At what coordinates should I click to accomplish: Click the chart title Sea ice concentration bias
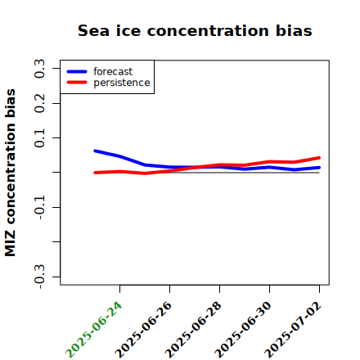(x=195, y=30)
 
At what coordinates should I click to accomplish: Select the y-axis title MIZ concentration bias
(x=11, y=173)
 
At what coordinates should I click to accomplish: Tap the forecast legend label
(x=113, y=71)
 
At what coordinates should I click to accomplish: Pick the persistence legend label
(x=122, y=83)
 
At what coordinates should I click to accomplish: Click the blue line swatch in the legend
(x=77, y=71)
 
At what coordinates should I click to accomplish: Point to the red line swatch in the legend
(x=77, y=83)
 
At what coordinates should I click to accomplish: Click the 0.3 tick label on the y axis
(x=39, y=69)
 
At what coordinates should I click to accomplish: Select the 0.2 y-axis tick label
(x=39, y=103)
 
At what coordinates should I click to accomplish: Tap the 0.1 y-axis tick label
(x=39, y=138)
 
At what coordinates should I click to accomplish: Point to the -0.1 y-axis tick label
(x=39, y=208)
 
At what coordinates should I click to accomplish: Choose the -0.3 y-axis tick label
(x=39, y=277)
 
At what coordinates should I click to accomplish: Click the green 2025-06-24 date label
(x=93, y=330)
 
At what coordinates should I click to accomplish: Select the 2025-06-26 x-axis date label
(x=143, y=330)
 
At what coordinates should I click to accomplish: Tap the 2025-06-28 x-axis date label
(x=193, y=330)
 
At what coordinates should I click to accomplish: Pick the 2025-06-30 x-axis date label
(x=243, y=330)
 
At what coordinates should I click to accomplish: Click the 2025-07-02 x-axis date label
(x=293, y=330)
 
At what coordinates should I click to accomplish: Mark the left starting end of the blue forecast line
(x=95, y=151)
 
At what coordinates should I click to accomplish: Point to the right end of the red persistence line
(x=319, y=158)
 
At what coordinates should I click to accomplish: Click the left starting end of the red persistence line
(x=95, y=173)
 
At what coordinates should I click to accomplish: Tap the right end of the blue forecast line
(x=319, y=168)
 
